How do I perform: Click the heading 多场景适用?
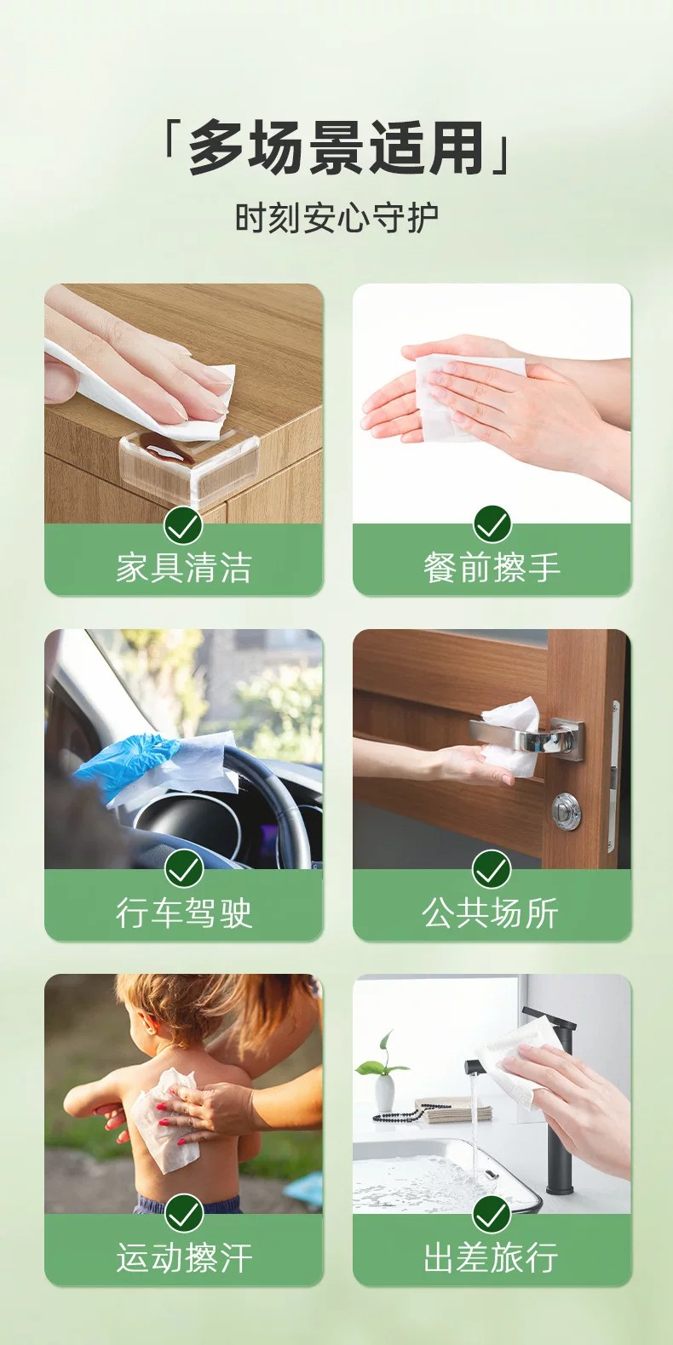coord(336,147)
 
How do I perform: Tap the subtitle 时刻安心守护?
coord(336,218)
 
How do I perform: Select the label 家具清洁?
coord(184,568)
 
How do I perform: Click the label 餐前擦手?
coord(492,568)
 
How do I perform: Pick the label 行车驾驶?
coord(184,913)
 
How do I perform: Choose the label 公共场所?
coord(491,913)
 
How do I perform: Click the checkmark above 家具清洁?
coord(184,524)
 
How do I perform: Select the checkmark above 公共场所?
coord(492,869)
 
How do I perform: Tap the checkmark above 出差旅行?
coord(492,1214)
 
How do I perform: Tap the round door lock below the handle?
coord(566,811)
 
